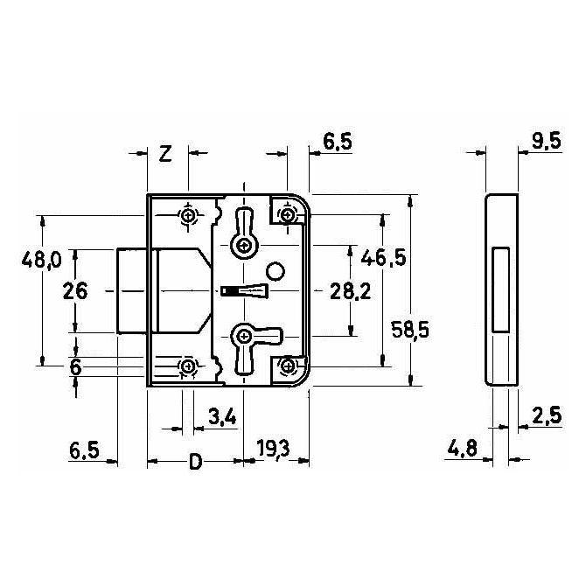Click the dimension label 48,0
(x=41, y=259)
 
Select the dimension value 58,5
(x=410, y=330)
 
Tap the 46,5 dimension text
(x=383, y=257)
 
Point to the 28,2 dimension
(x=350, y=291)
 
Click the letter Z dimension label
(x=165, y=153)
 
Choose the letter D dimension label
(x=195, y=462)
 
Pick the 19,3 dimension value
(x=273, y=449)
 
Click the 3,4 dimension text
(x=223, y=416)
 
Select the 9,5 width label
(x=547, y=141)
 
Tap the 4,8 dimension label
(x=463, y=448)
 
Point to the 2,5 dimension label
(x=548, y=415)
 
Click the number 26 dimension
(x=75, y=290)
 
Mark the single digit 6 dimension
(x=75, y=367)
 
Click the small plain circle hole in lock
(x=276, y=271)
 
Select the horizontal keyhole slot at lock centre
(x=244, y=290)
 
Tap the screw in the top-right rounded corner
(x=287, y=215)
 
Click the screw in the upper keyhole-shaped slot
(x=245, y=246)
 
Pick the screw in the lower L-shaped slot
(x=244, y=336)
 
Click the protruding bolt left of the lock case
(x=131, y=290)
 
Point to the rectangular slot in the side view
(x=500, y=290)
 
